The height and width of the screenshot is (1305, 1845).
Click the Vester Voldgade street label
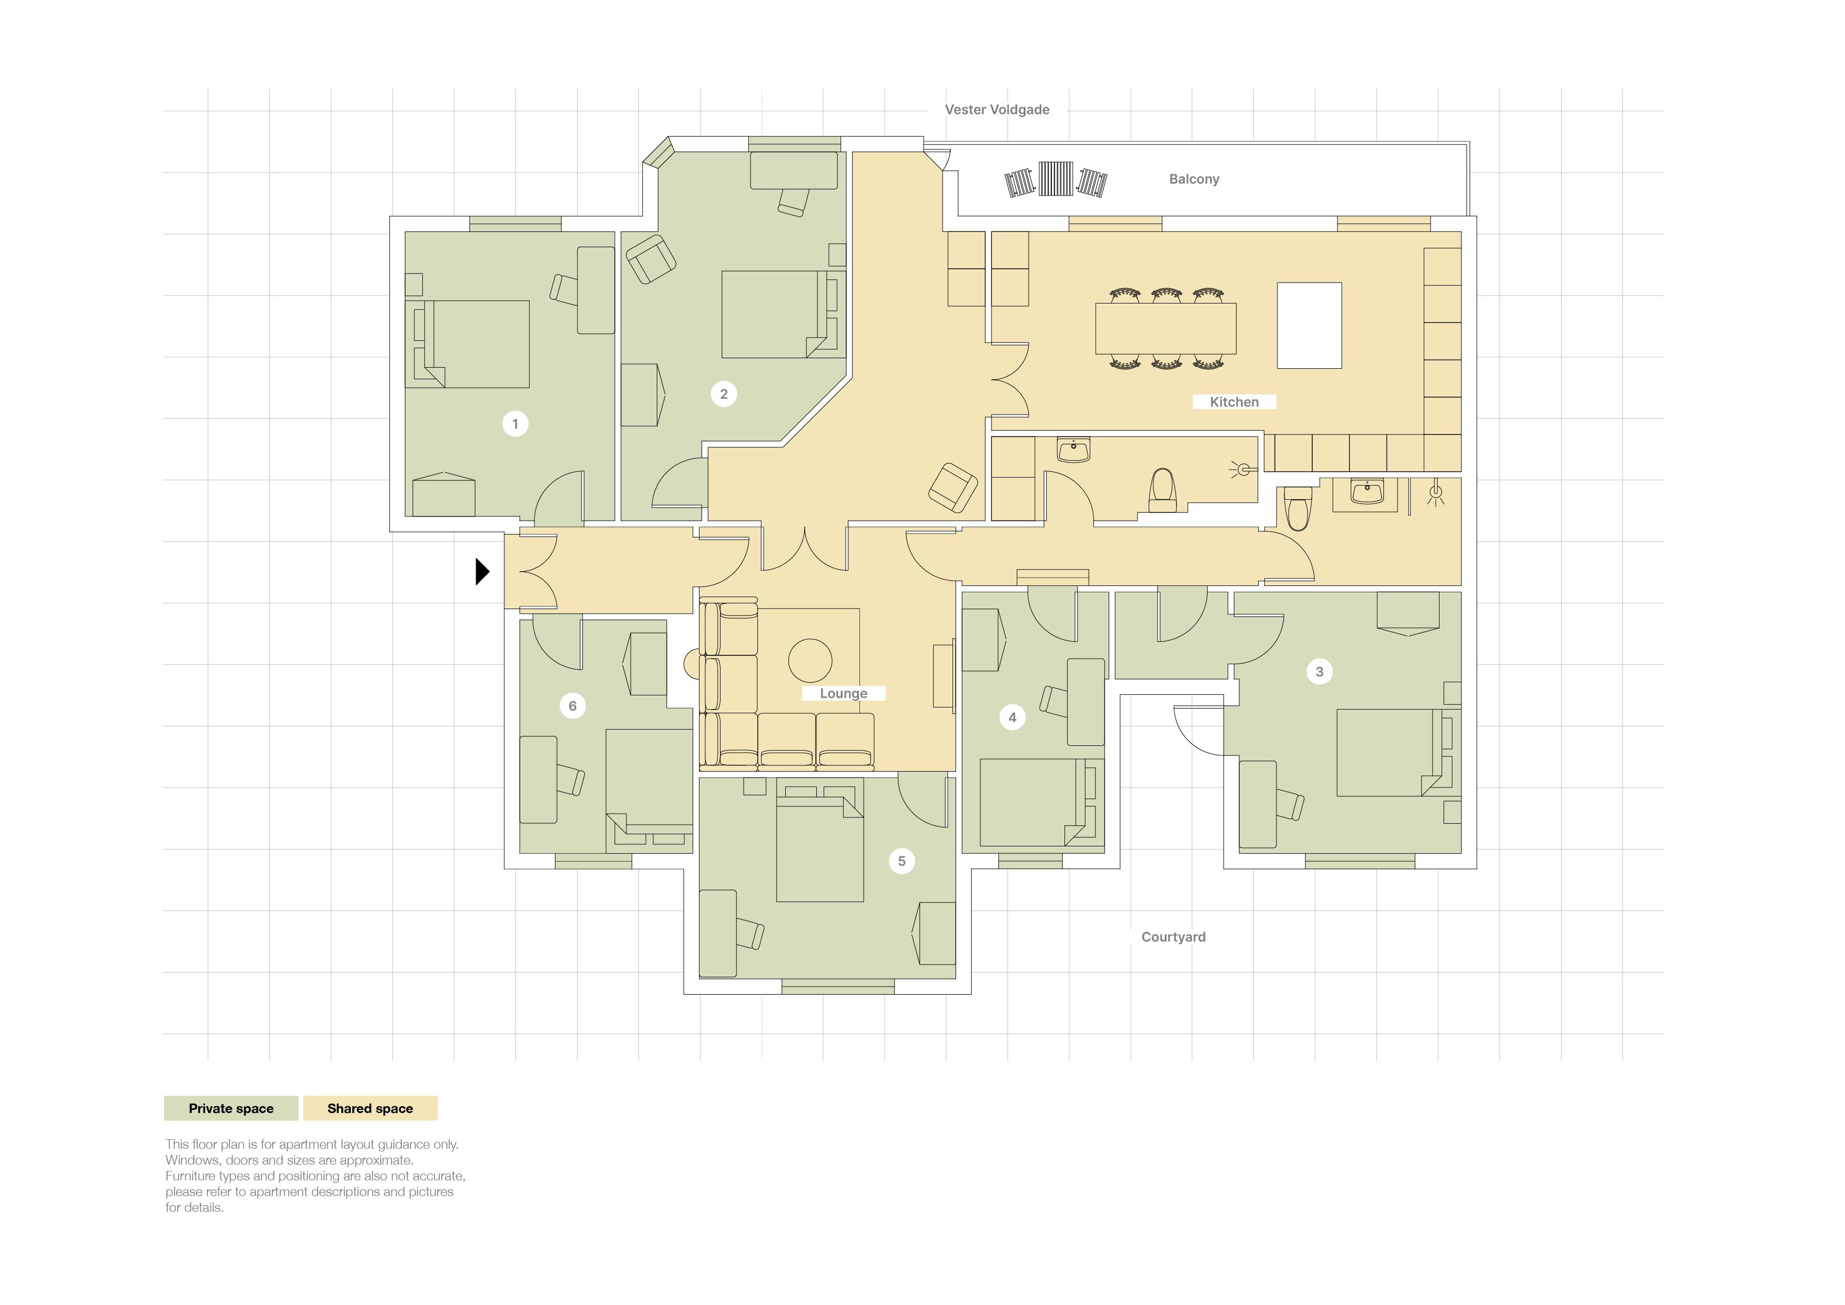(x=997, y=109)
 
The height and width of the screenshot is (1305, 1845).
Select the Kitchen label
(x=1234, y=402)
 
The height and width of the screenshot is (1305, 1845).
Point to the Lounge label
(x=843, y=693)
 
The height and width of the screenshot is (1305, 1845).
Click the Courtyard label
(x=1173, y=936)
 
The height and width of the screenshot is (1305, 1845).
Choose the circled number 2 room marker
(x=724, y=394)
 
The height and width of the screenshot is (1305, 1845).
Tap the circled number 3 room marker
(x=1319, y=671)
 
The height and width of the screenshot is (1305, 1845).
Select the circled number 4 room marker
(x=1012, y=717)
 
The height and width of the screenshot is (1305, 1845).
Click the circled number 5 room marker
(x=901, y=861)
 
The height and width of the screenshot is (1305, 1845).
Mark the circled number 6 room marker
(x=572, y=705)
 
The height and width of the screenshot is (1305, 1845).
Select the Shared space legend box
(x=370, y=1108)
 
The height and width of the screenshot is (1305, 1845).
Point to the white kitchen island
(x=1309, y=326)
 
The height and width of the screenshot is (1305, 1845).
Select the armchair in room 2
(x=651, y=259)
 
